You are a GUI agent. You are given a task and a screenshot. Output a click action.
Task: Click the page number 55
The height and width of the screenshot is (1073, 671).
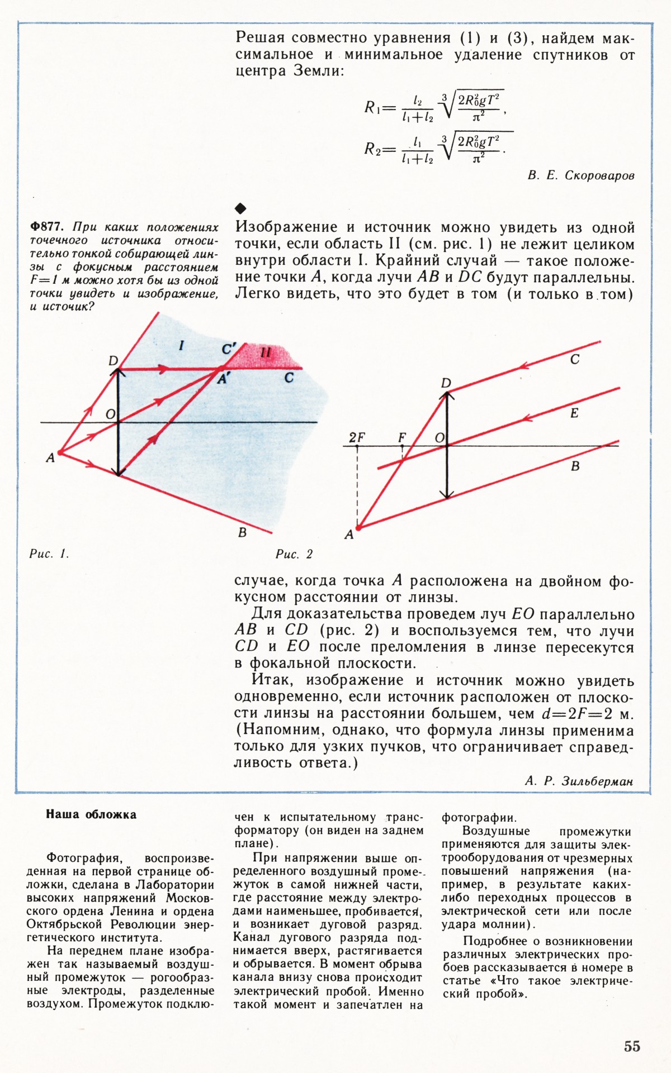[632, 1046]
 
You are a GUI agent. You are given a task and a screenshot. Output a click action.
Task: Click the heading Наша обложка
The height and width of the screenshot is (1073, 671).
[91, 814]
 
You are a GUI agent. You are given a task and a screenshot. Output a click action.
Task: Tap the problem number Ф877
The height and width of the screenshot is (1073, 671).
[48, 227]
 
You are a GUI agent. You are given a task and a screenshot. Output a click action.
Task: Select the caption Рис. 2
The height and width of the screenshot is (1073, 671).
[294, 554]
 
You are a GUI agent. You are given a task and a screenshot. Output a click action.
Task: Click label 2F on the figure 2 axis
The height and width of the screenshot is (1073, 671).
[357, 437]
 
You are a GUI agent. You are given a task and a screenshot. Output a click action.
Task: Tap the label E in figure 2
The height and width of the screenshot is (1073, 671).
[574, 413]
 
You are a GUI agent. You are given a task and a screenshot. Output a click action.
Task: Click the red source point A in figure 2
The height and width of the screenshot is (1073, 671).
[359, 527]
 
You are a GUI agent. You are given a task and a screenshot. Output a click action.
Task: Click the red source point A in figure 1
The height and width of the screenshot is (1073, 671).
[59, 452]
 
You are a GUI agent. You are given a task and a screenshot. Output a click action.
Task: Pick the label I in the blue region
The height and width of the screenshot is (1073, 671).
[181, 346]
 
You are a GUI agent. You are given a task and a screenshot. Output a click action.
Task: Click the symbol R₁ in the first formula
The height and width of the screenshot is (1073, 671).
[372, 107]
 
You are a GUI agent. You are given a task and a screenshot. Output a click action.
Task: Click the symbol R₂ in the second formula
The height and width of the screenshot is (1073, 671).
[372, 149]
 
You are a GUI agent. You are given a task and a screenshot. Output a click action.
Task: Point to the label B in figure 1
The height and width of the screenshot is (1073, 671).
[242, 532]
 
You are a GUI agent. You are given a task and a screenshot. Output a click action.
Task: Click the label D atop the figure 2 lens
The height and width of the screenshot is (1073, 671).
[446, 383]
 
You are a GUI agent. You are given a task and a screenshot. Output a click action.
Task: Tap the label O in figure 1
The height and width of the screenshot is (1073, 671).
[110, 414]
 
